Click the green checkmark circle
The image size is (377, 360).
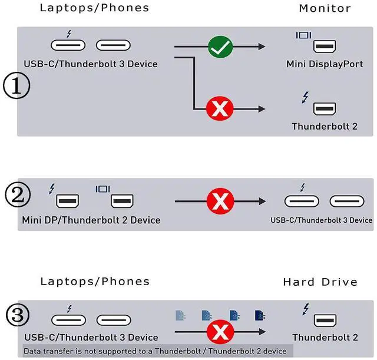pos(220,47)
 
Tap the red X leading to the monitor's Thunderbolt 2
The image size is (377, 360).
pos(220,108)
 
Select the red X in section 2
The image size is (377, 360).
pos(220,201)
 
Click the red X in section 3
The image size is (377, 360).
pos(220,332)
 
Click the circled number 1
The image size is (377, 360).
pos(16,85)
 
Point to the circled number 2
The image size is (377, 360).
pos(18,194)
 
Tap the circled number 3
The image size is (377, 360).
pos(18,315)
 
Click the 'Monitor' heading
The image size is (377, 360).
pos(325,8)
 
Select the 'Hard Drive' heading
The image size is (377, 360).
pos(320,282)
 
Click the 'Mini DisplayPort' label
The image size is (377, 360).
pos(325,64)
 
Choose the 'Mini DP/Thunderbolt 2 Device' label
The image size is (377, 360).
pos(91,220)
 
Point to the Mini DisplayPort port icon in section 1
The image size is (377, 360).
pos(325,47)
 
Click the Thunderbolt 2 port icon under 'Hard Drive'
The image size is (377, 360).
pos(325,321)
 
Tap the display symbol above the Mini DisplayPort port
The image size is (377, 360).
pos(303,35)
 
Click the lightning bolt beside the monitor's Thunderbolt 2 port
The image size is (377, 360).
pos(305,97)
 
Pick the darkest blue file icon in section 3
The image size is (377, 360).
pos(260,315)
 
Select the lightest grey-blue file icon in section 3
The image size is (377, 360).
pos(180,315)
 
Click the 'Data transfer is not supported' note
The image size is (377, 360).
pos(155,351)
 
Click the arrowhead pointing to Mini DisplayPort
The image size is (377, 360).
pos(262,47)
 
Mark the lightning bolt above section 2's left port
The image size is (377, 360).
pos(52,189)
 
